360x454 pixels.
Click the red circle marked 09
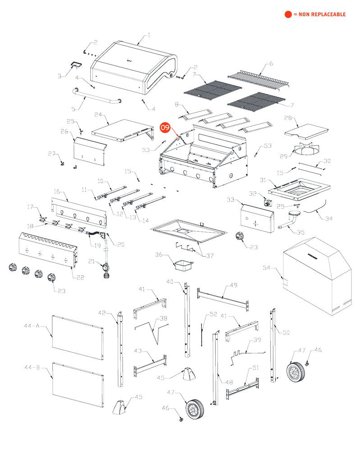pos(165,128)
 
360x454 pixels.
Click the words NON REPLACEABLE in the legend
pos(322,14)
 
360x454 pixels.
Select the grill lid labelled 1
pos(134,68)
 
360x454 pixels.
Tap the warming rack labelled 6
pos(258,78)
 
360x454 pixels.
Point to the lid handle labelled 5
pos(96,97)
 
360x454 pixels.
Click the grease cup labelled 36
pos(184,265)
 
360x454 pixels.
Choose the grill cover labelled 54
pos(318,276)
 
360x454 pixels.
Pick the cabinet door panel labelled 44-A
pos(78,338)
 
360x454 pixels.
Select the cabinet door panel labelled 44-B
pos(78,385)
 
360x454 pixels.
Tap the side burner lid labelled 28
pos(306,130)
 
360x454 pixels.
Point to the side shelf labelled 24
pos(123,131)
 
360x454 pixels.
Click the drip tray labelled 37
pos(189,231)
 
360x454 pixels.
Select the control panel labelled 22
pos(48,250)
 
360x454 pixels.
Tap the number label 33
pos(231,199)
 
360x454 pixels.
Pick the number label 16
pos(57,192)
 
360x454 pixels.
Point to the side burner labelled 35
pos(290,220)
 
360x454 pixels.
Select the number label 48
pos(229,382)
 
